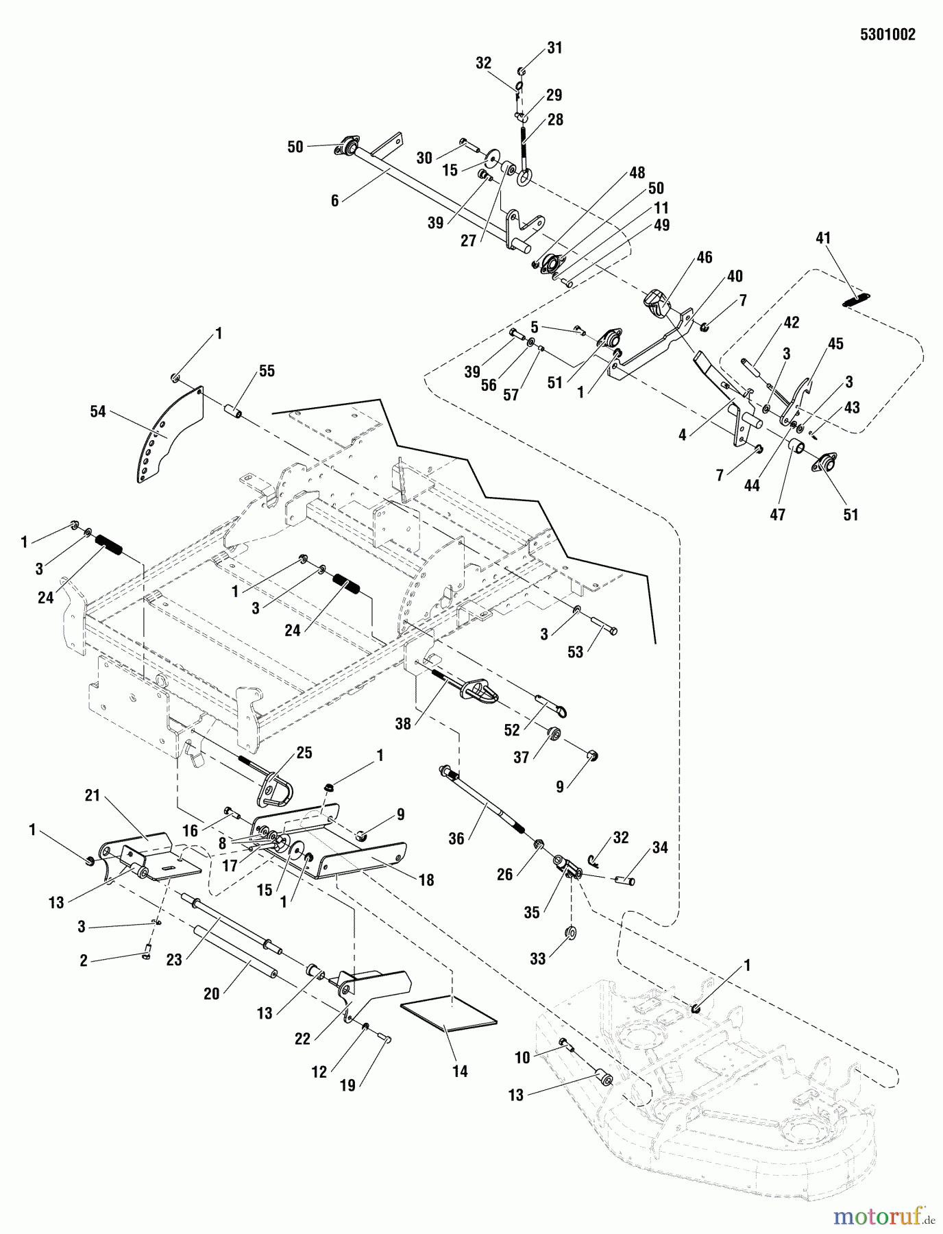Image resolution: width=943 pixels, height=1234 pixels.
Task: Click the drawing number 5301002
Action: tap(887, 36)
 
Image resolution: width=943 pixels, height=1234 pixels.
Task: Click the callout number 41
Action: tap(823, 239)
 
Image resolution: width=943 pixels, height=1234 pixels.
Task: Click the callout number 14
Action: tap(461, 1071)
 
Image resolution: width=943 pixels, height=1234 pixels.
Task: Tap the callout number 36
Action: tap(456, 838)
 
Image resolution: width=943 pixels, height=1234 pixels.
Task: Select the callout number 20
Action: tap(212, 993)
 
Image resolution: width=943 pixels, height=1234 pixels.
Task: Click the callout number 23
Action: tap(174, 960)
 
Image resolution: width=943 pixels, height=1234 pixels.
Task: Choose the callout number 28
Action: tap(555, 119)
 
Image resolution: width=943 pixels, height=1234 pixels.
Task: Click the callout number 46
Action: tap(705, 258)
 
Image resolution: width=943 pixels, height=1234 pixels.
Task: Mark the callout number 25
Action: tap(304, 753)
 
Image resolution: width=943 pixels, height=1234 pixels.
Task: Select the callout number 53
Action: tap(575, 652)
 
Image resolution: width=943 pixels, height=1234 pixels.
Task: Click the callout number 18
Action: tap(426, 880)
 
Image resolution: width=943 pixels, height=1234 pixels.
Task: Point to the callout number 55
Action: tap(267, 371)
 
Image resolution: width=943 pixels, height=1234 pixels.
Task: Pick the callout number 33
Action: tap(538, 958)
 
